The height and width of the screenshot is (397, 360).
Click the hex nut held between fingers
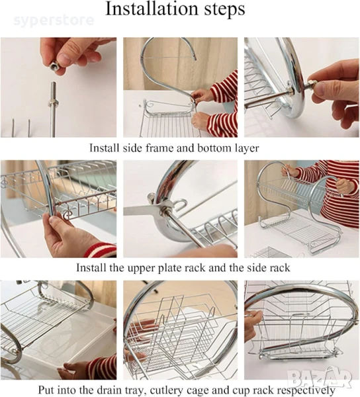point(54,67)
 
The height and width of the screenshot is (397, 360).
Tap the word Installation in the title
point(151,9)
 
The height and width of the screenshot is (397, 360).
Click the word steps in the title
point(223,10)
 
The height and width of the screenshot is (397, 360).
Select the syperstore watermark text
point(54,21)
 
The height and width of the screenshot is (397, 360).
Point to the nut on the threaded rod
point(54,103)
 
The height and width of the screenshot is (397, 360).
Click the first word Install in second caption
point(91,267)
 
